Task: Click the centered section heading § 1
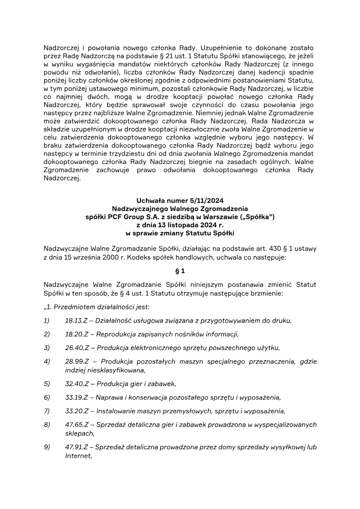click(x=180, y=271)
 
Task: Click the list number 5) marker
click(x=47, y=384)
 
